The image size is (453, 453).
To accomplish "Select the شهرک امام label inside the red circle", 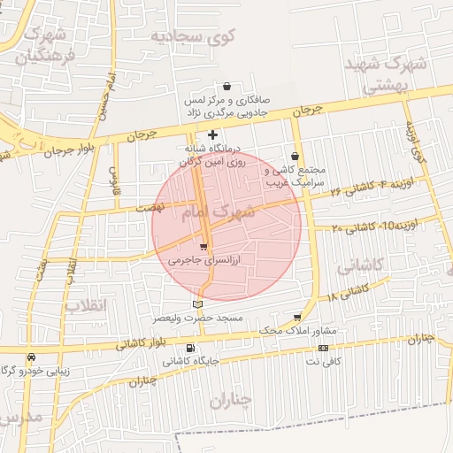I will [x=218, y=212].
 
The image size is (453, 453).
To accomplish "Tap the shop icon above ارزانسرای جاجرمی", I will [x=204, y=247].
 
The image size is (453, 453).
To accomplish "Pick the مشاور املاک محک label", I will [x=295, y=330].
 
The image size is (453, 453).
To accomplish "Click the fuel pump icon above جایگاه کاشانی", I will [x=192, y=348].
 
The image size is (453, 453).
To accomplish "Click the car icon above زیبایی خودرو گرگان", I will [x=31, y=357].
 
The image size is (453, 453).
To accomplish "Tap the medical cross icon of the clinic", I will [x=212, y=134].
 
